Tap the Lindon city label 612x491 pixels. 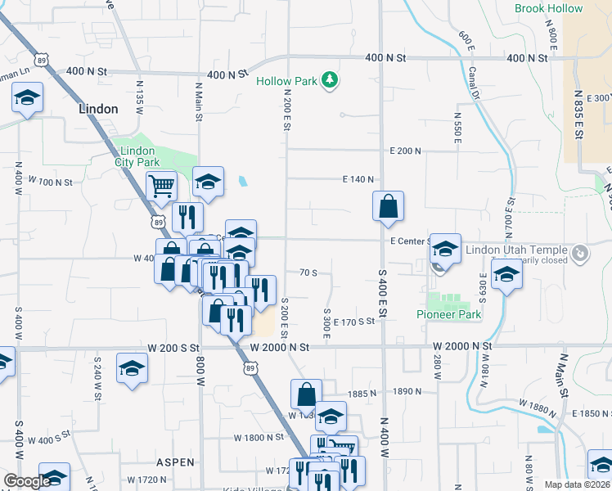(98, 109)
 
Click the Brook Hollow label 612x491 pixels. (548, 9)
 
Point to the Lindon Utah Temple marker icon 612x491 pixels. (579, 254)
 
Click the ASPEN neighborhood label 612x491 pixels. (171, 462)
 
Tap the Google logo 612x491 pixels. (26, 482)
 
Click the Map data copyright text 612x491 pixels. (577, 484)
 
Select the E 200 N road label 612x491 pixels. (405, 151)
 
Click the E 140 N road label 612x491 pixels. (358, 179)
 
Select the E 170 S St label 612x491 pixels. (353, 322)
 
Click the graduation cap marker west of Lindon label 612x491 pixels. (27, 99)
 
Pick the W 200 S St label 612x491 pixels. (174, 348)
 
